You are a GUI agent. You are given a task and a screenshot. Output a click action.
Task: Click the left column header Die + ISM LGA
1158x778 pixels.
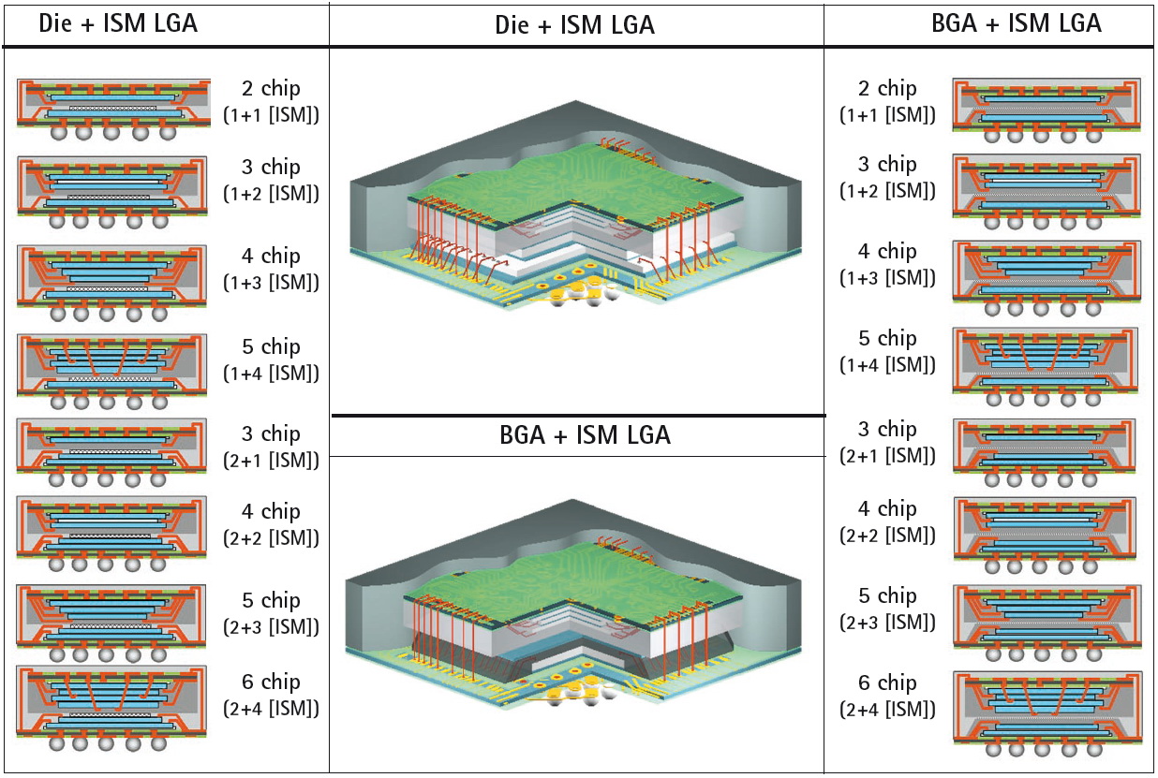coord(118,23)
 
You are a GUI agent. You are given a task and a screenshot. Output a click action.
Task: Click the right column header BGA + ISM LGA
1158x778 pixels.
coord(1017,23)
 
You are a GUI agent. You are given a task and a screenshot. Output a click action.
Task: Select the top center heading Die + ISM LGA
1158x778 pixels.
coord(574,25)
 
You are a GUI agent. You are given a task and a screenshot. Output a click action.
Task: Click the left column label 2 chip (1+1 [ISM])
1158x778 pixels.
coord(272,101)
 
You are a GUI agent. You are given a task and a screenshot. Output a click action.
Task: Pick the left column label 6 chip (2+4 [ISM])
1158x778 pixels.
coord(272,695)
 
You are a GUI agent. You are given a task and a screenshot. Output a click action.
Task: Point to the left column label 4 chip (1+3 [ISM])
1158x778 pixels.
coord(272,269)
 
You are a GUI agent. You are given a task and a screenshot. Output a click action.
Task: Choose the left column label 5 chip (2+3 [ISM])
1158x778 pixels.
coord(272,613)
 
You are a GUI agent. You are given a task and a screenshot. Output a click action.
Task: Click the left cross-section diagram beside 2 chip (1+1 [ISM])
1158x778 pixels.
coord(113,109)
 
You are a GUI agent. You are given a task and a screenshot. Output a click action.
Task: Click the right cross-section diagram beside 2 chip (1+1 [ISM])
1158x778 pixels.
coord(1046,108)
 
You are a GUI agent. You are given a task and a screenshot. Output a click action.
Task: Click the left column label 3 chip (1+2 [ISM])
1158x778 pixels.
coord(272,180)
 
